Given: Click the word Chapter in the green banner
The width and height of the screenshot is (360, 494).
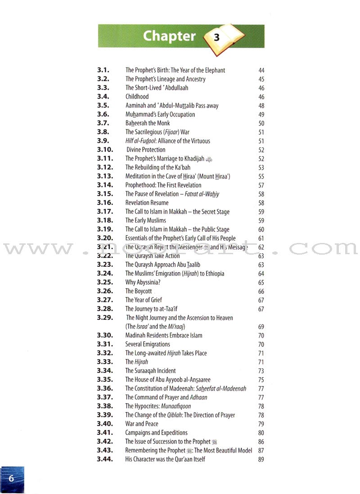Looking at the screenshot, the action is pos(169,36).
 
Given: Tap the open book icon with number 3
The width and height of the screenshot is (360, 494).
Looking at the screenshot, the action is pos(223,38).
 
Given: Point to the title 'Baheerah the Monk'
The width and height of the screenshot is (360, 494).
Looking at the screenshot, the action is pos(148,123).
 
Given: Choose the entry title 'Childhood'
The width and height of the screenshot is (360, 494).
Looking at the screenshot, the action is pos(137,97).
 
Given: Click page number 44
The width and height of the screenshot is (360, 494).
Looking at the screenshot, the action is pos(261,71).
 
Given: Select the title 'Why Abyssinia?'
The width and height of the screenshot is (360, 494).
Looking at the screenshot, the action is pos(143,283).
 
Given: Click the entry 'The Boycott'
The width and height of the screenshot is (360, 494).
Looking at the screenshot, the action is pos(139,291).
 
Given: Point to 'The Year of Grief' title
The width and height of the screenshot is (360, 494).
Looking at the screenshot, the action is pos(144,300).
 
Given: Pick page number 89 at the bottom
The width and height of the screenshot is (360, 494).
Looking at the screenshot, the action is pos(261,459).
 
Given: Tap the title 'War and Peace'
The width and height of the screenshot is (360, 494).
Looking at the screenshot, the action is pos(142,424).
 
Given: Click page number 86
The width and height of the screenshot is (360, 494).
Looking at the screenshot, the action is pos(261,442).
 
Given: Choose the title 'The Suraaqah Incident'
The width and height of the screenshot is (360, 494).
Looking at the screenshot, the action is pos(150,371).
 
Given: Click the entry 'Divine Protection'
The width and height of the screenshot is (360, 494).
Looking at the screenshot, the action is pos(146,150).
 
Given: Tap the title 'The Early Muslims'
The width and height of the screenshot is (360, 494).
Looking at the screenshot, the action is pos(146,220).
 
